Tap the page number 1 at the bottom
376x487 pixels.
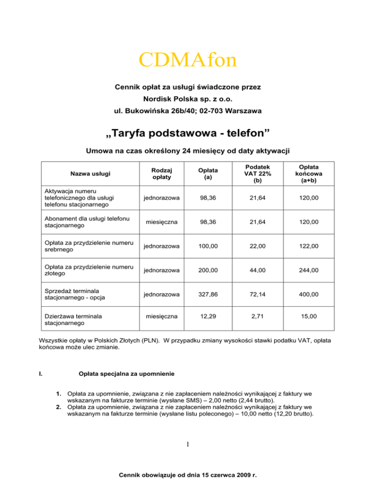pyautogui.click(x=188, y=444)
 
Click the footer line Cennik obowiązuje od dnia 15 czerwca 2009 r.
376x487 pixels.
pyautogui.click(x=188, y=475)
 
